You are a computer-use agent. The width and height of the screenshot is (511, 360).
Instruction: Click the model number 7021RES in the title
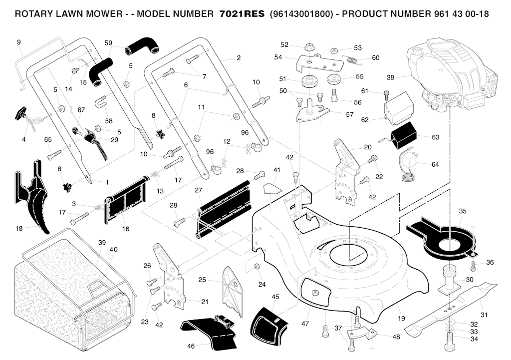click(x=242, y=14)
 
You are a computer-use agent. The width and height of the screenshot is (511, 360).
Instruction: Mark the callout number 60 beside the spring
click(x=375, y=58)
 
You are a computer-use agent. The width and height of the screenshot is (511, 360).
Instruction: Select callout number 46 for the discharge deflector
click(x=191, y=346)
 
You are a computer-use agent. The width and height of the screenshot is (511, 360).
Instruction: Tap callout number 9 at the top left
click(x=19, y=42)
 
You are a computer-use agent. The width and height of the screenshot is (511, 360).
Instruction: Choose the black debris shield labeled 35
click(x=442, y=239)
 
